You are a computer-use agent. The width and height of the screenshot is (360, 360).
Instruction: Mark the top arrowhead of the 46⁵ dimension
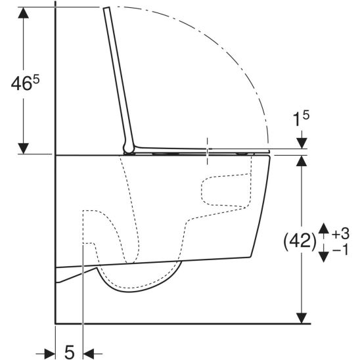click(x=24, y=14)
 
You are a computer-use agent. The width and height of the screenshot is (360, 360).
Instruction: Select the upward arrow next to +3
click(x=323, y=230)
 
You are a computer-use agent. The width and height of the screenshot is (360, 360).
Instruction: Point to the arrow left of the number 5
click(x=47, y=353)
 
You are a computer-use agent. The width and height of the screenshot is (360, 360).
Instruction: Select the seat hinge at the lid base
click(x=128, y=146)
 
